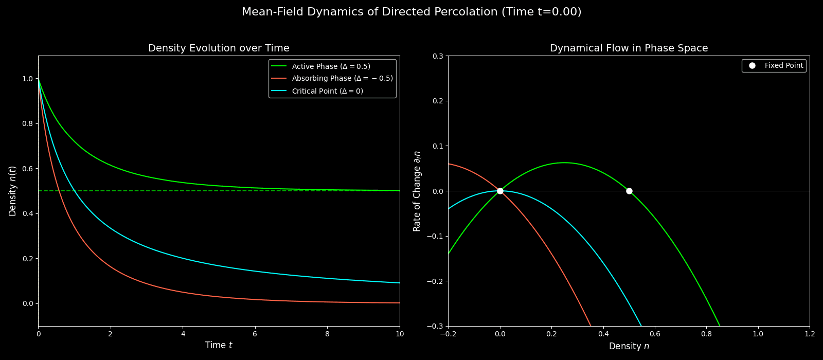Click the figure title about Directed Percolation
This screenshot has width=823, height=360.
[x=411, y=12]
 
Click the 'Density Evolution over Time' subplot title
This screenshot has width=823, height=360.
[x=219, y=48]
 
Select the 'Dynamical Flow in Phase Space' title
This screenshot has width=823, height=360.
[x=629, y=48]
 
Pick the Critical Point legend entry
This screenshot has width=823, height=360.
[x=327, y=91]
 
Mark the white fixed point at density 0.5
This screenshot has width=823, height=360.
[x=629, y=191]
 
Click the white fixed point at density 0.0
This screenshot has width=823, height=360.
[x=500, y=191]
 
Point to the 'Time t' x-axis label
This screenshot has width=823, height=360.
[x=219, y=346]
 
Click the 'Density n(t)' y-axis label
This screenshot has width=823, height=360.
[x=13, y=191]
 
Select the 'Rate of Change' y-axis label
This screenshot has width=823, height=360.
[x=417, y=191]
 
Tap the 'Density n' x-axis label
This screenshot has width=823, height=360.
[x=629, y=347]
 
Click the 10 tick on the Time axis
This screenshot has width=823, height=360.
[x=399, y=334]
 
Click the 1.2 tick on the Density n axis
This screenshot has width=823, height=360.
[x=810, y=334]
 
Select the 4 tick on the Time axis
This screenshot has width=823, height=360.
[x=183, y=334]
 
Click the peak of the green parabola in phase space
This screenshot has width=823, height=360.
[x=564, y=163]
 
